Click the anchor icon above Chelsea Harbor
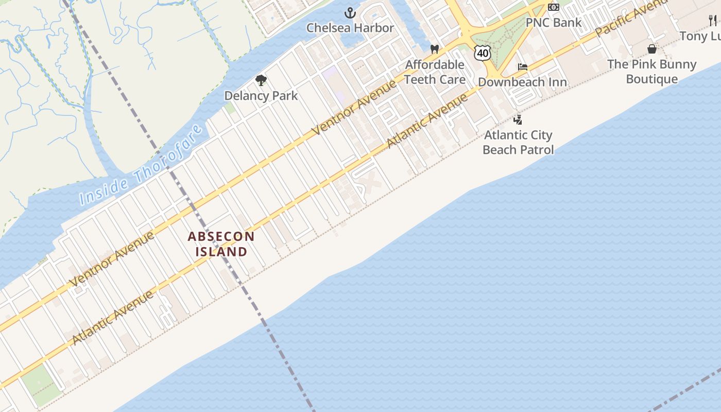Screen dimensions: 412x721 [350, 13]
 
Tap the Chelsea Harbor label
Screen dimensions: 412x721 [350, 28]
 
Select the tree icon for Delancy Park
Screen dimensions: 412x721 [261, 80]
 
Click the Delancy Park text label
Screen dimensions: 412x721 [261, 96]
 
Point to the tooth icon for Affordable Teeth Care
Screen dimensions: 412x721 [435, 49]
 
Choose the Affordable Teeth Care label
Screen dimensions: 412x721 [435, 72]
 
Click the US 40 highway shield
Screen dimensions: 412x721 [483, 52]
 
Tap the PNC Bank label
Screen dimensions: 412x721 [553, 23]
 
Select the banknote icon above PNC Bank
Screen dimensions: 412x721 [554, 7]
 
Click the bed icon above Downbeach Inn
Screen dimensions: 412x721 [523, 67]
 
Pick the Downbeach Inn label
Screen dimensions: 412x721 [523, 82]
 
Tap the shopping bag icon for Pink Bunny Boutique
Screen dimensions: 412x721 [652, 49]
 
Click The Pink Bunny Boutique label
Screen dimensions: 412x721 [652, 72]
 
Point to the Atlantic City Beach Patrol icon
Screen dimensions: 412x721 [518, 120]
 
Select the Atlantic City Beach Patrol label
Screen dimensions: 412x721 [518, 143]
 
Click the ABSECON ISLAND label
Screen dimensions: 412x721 [221, 244]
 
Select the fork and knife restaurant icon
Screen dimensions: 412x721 [713, 21]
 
